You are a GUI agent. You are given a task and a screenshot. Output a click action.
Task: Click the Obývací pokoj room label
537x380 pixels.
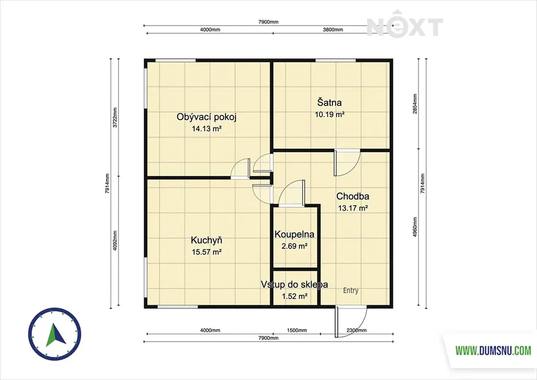tap(207, 117)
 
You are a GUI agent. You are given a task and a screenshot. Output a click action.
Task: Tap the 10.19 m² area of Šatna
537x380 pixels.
tap(330, 114)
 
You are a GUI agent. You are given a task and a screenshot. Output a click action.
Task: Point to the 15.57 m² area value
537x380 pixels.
tap(207, 252)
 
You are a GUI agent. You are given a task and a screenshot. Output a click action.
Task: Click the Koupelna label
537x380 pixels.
tap(295, 235)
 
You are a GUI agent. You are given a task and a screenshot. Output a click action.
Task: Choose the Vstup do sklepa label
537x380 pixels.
tap(294, 284)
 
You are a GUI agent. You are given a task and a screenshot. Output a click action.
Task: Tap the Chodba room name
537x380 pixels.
tap(353, 196)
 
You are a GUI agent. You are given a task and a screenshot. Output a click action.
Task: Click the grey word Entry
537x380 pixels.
tap(351, 291)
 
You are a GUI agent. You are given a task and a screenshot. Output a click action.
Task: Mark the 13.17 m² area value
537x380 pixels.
tap(353, 208)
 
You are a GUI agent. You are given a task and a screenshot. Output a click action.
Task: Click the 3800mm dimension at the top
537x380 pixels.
tap(333, 29)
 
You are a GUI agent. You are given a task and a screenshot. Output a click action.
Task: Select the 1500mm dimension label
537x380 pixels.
tap(297, 330)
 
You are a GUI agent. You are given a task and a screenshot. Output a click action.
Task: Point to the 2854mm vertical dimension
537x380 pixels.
tap(415, 104)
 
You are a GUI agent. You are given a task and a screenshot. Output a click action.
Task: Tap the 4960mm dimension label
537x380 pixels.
tap(415, 227)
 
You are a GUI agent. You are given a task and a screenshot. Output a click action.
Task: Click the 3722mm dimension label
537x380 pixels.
tap(115, 118)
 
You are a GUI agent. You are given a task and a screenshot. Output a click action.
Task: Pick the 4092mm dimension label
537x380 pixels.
tap(115, 240)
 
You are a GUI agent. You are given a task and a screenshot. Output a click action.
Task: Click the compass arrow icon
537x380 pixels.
tap(55, 334)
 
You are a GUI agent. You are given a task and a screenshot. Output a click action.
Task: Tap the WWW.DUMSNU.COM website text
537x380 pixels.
tap(493, 351)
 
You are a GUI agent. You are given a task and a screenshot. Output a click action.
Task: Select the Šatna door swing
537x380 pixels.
tap(347, 163)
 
